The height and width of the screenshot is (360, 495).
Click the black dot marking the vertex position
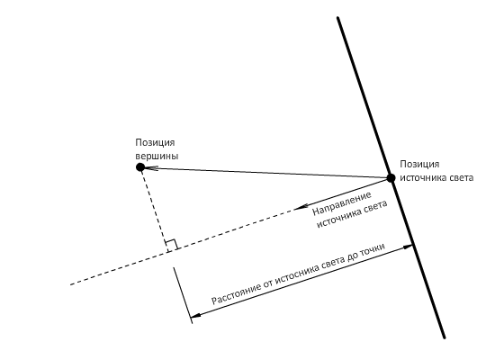(140, 167)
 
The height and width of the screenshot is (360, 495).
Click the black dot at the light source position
(391, 178)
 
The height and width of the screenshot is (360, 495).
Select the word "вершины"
(157, 157)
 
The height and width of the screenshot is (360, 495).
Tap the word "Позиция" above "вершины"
(155, 143)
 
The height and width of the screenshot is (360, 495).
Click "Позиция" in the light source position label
(419, 165)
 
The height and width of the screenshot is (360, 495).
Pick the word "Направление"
(342, 203)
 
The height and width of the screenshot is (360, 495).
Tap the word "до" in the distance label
(353, 256)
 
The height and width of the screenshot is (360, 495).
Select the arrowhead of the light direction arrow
(301, 208)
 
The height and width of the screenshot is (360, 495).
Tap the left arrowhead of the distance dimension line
(195, 315)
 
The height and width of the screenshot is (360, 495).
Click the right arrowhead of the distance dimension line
(408, 247)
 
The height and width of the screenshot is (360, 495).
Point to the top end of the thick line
(337, 18)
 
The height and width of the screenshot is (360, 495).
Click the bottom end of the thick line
(445, 337)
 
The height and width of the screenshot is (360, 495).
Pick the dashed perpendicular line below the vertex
(155, 209)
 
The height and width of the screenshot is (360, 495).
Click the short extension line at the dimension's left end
(183, 295)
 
